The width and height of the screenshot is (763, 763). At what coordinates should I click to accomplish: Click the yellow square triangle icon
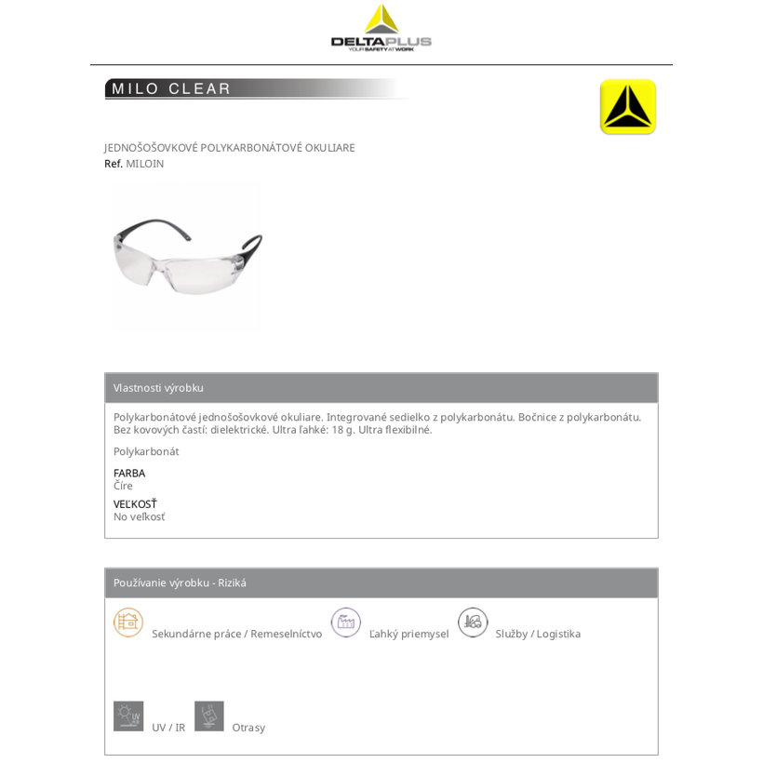tap(628, 107)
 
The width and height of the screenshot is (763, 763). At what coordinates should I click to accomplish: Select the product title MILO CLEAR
tap(171, 89)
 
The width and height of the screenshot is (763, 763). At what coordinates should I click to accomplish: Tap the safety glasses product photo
tap(187, 255)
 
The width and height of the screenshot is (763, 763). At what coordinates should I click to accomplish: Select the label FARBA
tap(129, 473)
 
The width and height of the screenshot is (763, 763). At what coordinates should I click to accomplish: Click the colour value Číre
tap(123, 486)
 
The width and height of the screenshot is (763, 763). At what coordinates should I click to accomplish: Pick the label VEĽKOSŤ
tap(135, 504)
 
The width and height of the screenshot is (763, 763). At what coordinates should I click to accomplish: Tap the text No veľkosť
tap(139, 516)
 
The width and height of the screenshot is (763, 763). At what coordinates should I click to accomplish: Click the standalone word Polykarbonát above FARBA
tap(146, 451)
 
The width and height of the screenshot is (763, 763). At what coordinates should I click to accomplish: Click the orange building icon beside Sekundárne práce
tap(128, 622)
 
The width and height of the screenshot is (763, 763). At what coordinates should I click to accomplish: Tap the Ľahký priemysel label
tap(408, 634)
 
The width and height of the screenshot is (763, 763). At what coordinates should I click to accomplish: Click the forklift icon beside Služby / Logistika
tap(473, 622)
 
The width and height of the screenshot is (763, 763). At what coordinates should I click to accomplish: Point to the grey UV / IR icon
tap(128, 716)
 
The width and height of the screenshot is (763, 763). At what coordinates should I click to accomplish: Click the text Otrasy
tap(248, 728)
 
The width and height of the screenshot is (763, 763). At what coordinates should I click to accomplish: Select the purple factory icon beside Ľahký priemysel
tap(346, 622)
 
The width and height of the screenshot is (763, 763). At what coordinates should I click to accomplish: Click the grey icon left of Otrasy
tap(209, 716)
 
